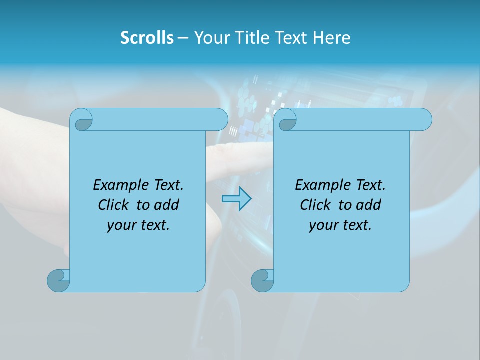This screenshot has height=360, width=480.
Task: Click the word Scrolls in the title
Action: (147, 38)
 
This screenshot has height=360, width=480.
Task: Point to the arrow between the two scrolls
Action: (236, 199)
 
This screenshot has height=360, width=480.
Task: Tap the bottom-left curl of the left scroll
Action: (58, 280)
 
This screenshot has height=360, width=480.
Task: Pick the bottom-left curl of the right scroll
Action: (262, 280)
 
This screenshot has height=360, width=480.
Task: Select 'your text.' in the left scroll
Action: (138, 225)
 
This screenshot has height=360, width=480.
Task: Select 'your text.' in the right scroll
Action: (340, 225)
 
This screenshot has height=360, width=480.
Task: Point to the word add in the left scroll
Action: (167, 205)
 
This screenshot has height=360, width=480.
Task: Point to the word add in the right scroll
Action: (369, 205)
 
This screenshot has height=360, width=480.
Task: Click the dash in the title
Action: (183, 38)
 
